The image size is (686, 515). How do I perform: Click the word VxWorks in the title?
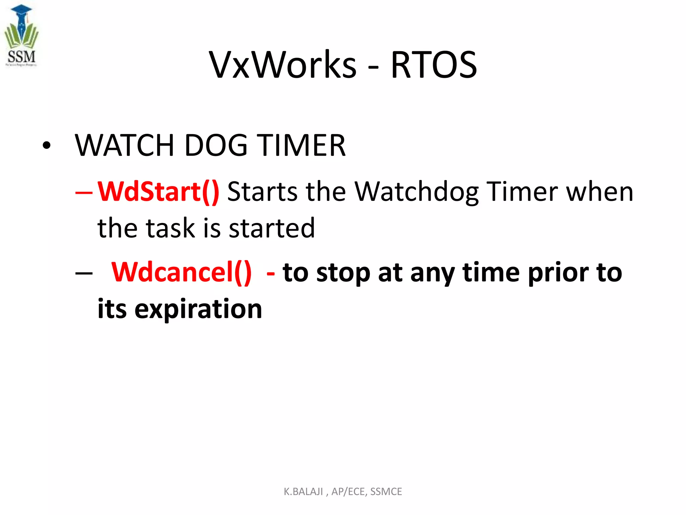pyautogui.click(x=283, y=65)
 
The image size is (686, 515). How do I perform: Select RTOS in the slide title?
pyautogui.click(x=434, y=65)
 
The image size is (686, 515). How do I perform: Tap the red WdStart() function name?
pyautogui.click(x=158, y=191)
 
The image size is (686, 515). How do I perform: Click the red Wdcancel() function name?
pyautogui.click(x=181, y=272)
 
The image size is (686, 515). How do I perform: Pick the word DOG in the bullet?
pyautogui.click(x=216, y=145)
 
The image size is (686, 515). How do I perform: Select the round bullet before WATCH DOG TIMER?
pyautogui.click(x=47, y=146)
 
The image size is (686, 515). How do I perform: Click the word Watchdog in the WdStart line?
pyautogui.click(x=417, y=191)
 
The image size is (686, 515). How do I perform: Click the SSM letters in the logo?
pyautogui.click(x=21, y=56)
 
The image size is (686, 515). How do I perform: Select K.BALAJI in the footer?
pyautogui.click(x=303, y=492)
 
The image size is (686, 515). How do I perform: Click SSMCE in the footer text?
pyautogui.click(x=386, y=492)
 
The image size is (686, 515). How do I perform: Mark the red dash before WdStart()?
pyautogui.click(x=84, y=193)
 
